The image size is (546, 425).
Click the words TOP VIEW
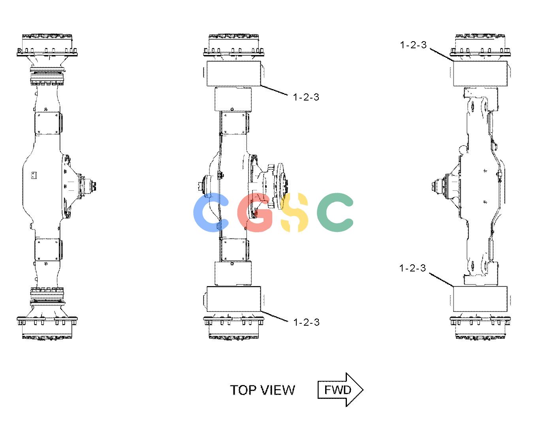[262, 390]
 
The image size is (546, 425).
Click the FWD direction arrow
[341, 390]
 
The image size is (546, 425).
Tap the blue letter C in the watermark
[211, 212]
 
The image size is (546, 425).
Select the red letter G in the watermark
[254, 212]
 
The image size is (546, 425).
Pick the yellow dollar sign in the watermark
[294, 212]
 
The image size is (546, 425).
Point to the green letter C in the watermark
[335, 212]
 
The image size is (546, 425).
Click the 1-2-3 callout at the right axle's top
[413, 45]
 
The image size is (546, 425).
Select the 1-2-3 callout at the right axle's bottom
[412, 268]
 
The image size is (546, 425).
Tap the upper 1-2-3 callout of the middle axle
[306, 97]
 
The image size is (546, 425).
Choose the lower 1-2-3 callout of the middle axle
[306, 323]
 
